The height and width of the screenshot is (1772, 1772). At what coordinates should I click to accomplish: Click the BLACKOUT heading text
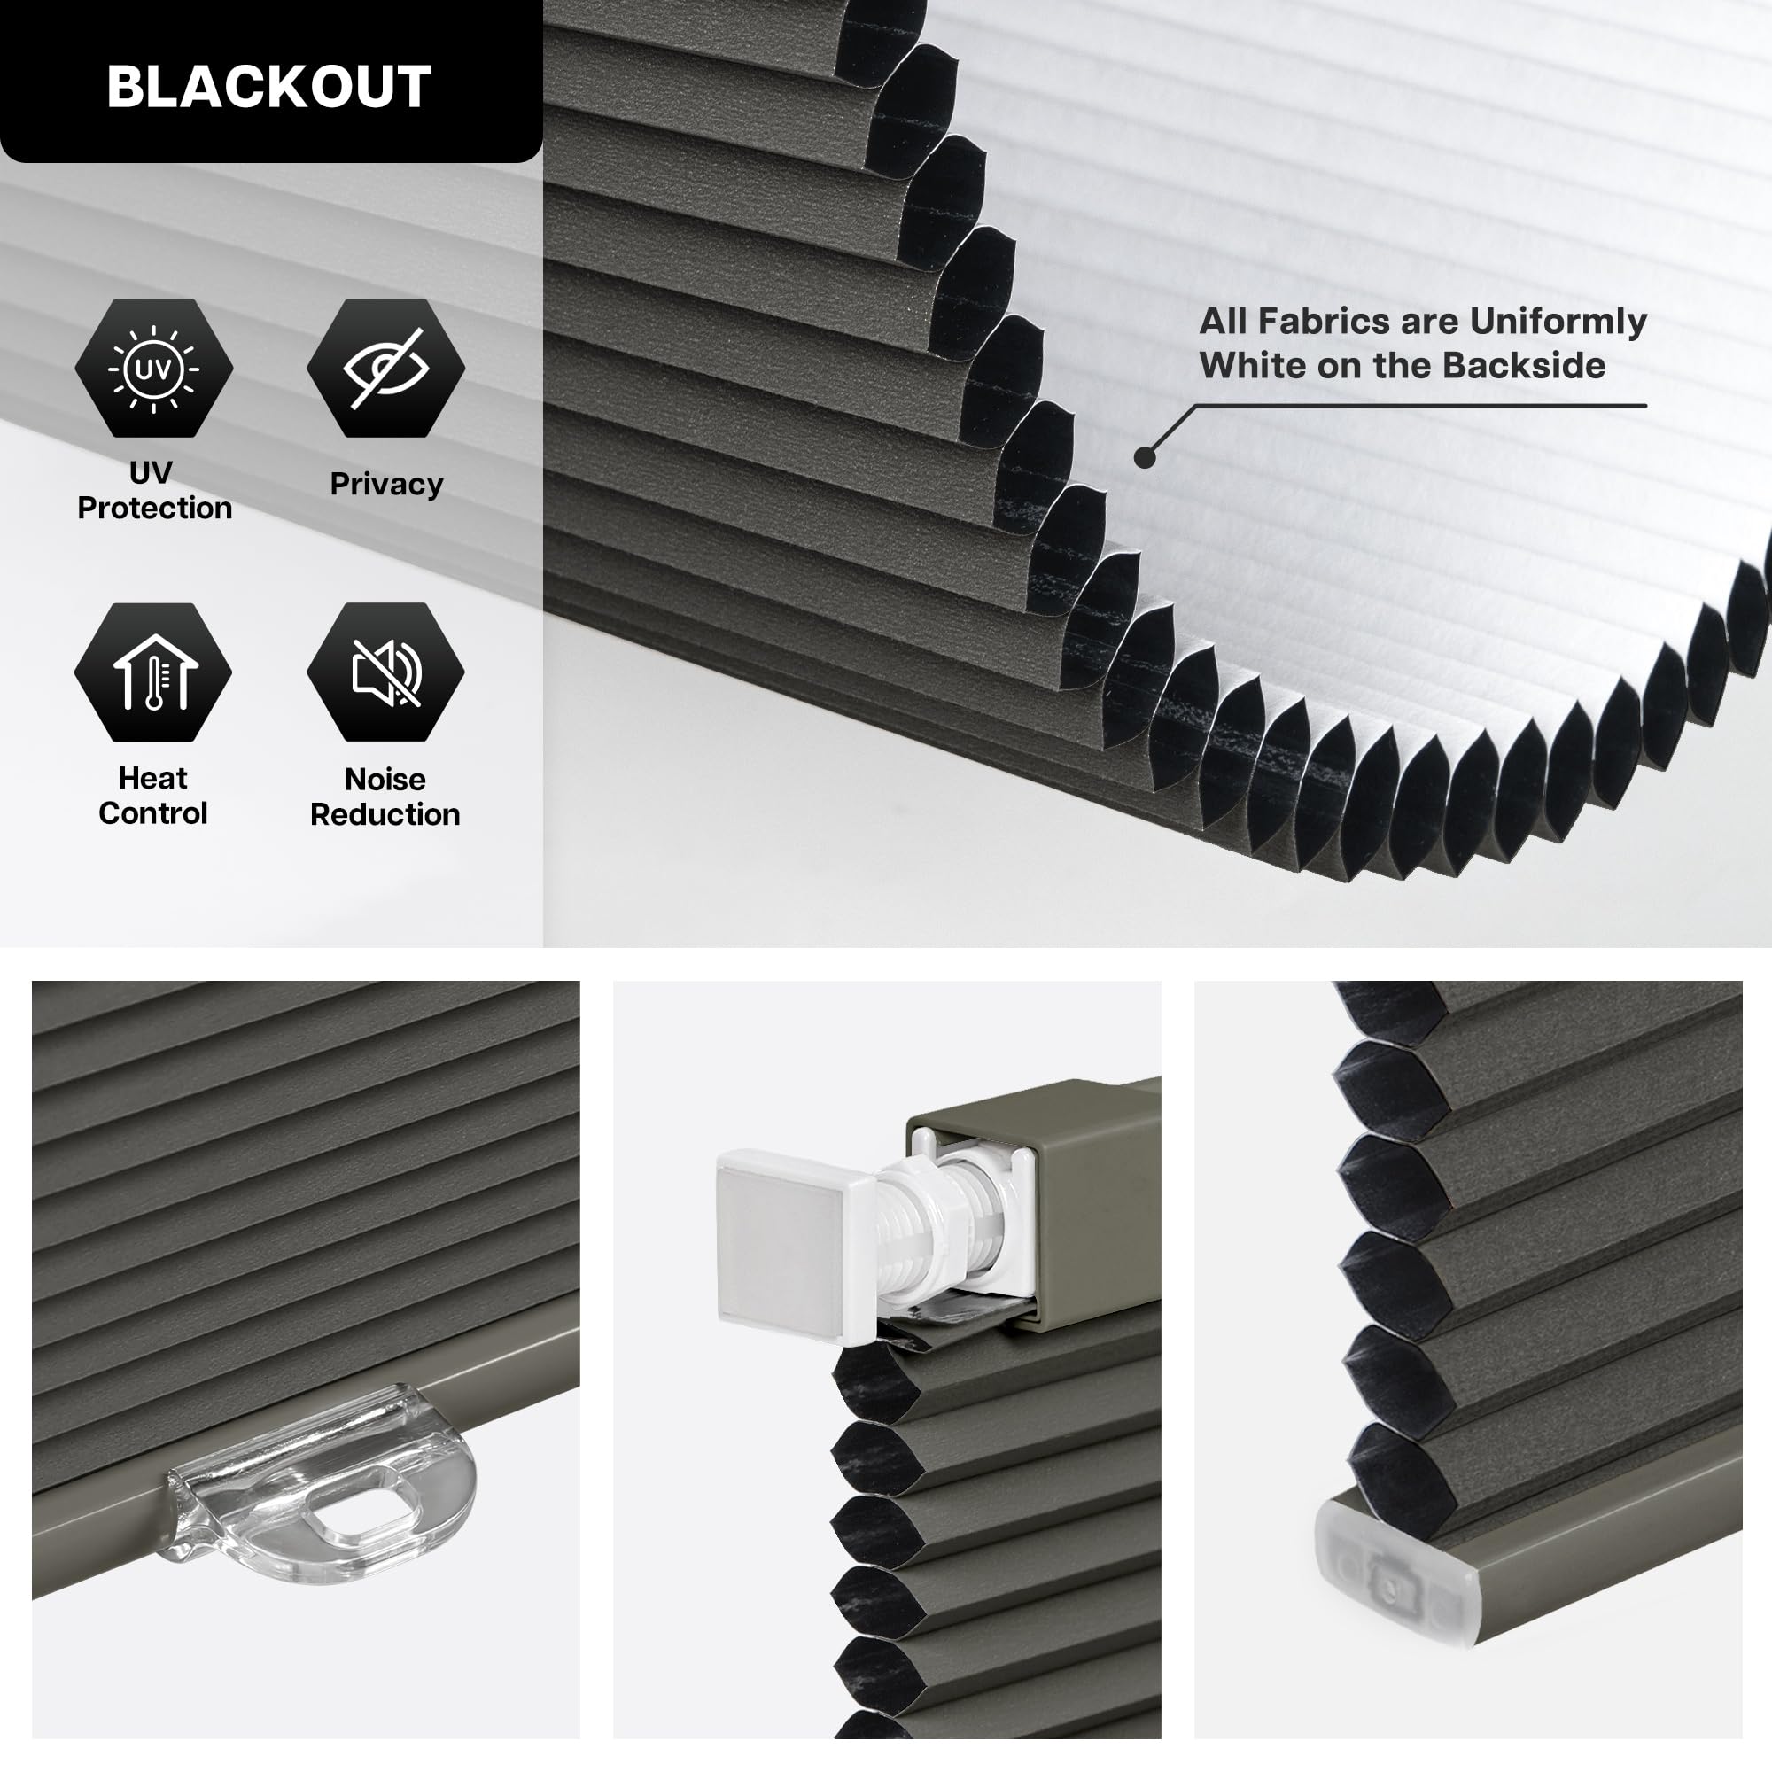point(268,86)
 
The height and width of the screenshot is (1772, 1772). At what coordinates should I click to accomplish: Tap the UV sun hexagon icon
point(153,368)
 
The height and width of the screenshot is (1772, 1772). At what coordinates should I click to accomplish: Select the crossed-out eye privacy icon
point(385,368)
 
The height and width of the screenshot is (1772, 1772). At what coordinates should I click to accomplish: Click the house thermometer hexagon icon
point(153,672)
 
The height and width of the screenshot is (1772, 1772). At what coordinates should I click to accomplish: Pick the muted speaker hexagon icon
point(385,672)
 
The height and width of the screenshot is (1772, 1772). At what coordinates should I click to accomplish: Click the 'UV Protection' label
point(153,490)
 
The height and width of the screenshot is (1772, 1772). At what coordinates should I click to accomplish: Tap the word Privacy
point(386,484)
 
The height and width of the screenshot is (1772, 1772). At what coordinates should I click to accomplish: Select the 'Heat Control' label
point(153,796)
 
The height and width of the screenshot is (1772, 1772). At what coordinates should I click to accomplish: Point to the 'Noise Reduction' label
point(385,797)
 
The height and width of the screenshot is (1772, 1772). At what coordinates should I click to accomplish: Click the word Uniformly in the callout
point(1558,321)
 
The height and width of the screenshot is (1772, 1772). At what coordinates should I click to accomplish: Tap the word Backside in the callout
point(1523,365)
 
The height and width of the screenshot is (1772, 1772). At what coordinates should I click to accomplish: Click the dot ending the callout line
point(1145,457)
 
